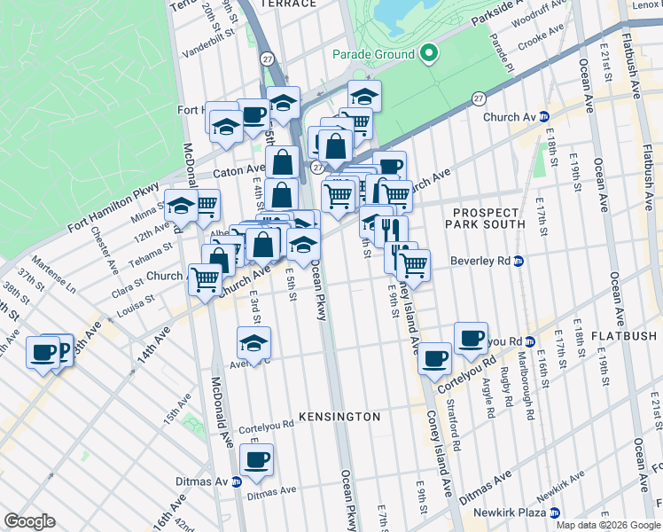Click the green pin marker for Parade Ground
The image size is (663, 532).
(429, 54)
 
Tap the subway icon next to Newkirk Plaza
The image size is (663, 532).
(555, 512)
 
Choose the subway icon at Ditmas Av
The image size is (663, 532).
(236, 482)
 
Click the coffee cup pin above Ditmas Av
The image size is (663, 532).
(256, 460)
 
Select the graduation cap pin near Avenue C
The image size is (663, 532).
(254, 343)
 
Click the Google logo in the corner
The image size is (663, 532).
(29, 521)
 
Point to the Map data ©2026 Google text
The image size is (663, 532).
(607, 525)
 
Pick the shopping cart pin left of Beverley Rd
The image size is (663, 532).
(413, 263)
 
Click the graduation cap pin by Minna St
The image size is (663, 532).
(181, 206)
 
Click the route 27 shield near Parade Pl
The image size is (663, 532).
(479, 98)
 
